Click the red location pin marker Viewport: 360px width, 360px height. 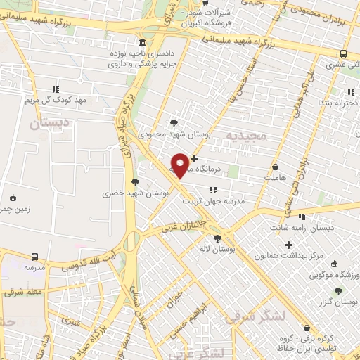tap(181, 165)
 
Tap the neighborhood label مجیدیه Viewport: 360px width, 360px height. tap(245, 134)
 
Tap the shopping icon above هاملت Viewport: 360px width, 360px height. tap(274, 168)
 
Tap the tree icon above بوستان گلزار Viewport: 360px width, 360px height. tap(339, 290)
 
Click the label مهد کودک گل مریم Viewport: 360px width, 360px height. tap(56, 101)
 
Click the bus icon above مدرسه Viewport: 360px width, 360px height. tap(34, 257)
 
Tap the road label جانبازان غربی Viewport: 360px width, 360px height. tap(182, 225)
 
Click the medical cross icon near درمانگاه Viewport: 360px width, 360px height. tap(195, 159)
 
